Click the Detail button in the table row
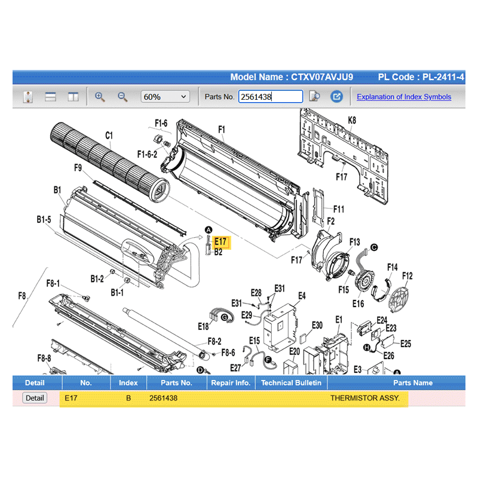[x=35, y=398]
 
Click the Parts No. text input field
[x=271, y=97]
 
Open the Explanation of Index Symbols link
[x=404, y=97]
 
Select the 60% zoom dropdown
[x=166, y=97]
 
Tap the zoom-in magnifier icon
[x=100, y=97]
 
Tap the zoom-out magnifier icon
[x=122, y=97]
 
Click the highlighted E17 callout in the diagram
[x=220, y=242]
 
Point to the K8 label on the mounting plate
[x=352, y=120]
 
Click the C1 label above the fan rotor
[x=109, y=136]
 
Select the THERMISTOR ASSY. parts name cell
[x=365, y=398]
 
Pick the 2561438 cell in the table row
[x=163, y=398]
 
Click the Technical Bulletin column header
[x=291, y=382]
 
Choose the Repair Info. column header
[x=231, y=382]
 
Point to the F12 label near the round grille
[x=407, y=276]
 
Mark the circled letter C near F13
[x=374, y=247]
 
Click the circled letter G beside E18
[x=225, y=317]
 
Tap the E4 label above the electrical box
[x=302, y=296]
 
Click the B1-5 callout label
[x=44, y=219]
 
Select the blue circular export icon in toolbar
[x=336, y=97]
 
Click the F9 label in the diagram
[x=78, y=168]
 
